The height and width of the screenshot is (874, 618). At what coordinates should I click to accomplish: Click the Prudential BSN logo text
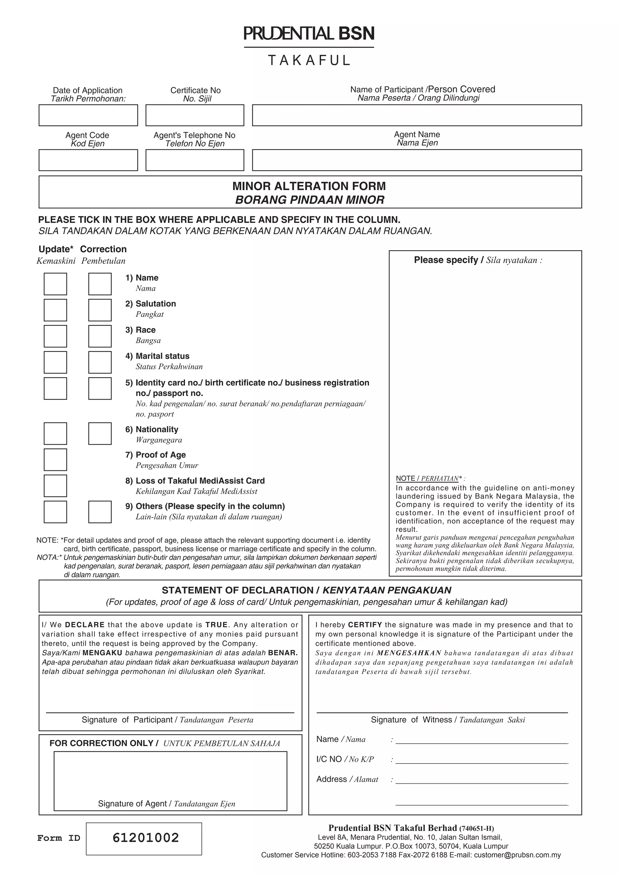click(309, 34)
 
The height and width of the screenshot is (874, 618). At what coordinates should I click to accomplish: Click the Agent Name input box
click(417, 160)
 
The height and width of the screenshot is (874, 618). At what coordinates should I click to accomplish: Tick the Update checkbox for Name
click(55, 284)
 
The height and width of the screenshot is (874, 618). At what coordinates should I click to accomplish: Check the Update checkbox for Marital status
click(55, 362)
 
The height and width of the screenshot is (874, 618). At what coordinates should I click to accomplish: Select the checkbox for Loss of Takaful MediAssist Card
click(55, 485)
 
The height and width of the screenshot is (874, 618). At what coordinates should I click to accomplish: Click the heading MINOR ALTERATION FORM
click(309, 186)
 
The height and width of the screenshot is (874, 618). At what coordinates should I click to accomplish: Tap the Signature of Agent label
click(166, 804)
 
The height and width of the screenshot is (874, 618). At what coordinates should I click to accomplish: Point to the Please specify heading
click(478, 260)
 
